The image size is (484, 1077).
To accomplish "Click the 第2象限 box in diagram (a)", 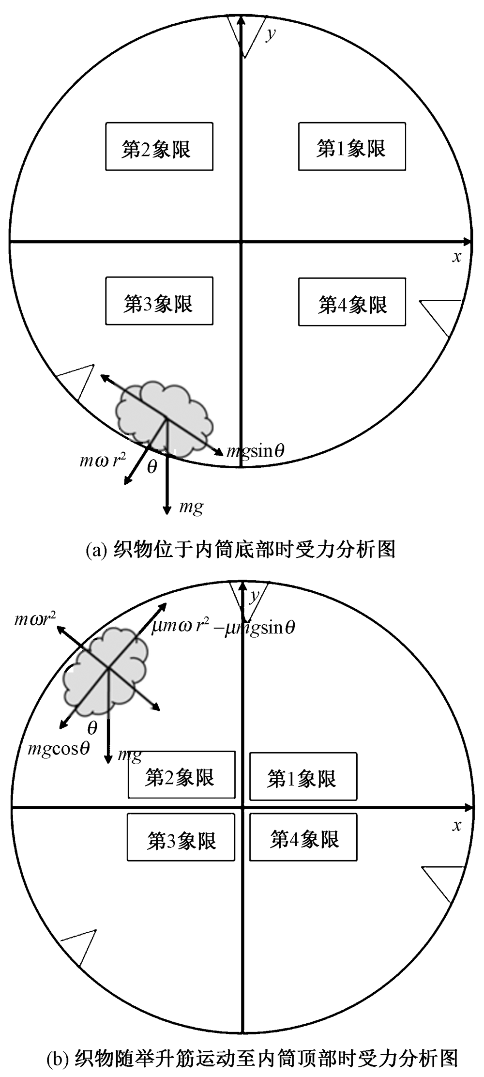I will [159, 147].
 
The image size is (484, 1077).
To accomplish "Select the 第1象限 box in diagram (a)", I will [352, 147].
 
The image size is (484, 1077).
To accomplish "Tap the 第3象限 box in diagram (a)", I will [159, 301].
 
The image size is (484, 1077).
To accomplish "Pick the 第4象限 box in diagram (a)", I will [352, 302].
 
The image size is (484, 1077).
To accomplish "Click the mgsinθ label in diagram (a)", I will [256, 451].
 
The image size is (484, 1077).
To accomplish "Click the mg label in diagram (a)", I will [191, 507].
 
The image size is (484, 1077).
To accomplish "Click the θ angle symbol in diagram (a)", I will [152, 467].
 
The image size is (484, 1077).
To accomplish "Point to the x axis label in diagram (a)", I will [456, 256].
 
